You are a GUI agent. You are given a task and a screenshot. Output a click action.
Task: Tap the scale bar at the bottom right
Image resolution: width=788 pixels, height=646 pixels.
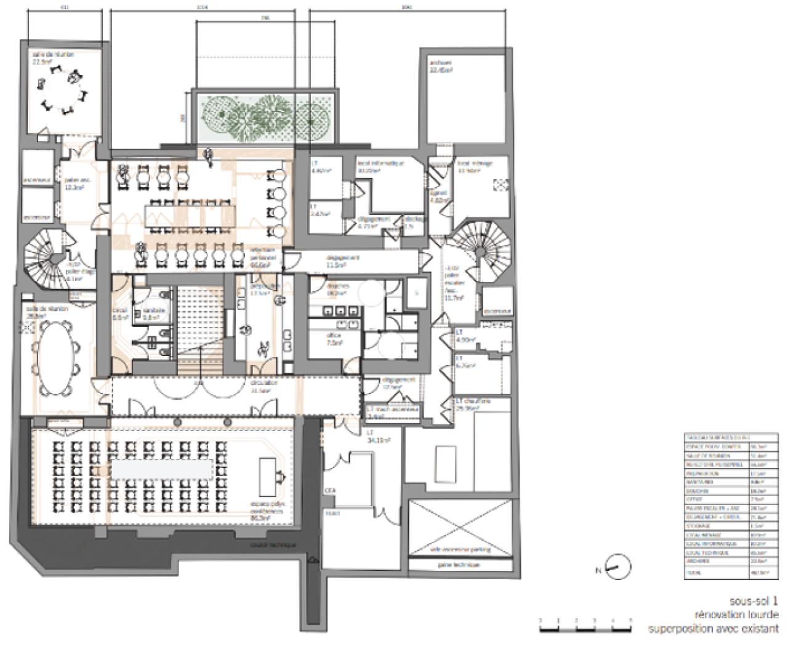585,629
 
